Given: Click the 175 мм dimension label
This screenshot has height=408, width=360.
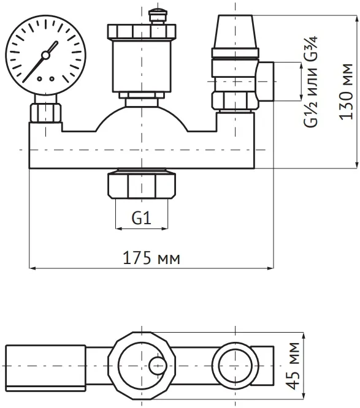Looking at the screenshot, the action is coord(151,258).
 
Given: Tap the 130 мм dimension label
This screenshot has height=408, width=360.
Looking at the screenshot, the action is coord(346,92).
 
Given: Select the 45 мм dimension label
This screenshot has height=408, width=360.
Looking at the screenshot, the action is coord(293,366).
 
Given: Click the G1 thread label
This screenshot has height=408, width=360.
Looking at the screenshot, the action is coord(142,218).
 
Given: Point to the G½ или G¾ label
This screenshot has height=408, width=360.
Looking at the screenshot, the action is coord(311,81).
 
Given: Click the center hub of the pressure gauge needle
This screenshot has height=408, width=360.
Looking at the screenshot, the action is coord(45,55).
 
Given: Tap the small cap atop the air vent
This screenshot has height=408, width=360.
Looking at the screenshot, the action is coord(158,16).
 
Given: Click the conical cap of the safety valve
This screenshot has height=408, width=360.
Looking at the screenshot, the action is coord(236,32).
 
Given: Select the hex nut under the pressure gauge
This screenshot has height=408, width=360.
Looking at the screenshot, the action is coord(45,113).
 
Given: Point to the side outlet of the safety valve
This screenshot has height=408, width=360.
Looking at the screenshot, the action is coord(266,81).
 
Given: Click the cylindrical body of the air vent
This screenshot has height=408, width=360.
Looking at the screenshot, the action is coord(142,66).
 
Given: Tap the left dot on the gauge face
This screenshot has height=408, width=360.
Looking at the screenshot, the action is coord(39,78).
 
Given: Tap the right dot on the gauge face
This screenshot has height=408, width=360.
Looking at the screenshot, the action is coord(52,78).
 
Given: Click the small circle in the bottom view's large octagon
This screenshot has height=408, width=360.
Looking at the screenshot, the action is coord(158,365).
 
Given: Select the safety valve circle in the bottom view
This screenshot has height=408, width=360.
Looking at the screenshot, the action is coord(236,366).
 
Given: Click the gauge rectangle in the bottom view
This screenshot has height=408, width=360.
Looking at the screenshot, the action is coord(45,368).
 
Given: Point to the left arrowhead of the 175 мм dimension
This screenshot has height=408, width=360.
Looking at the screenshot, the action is coord(32,268).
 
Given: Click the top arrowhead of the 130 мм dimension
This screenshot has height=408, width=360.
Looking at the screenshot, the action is coord(356,18).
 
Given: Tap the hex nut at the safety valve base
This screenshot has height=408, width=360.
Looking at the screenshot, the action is coord(236,101).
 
